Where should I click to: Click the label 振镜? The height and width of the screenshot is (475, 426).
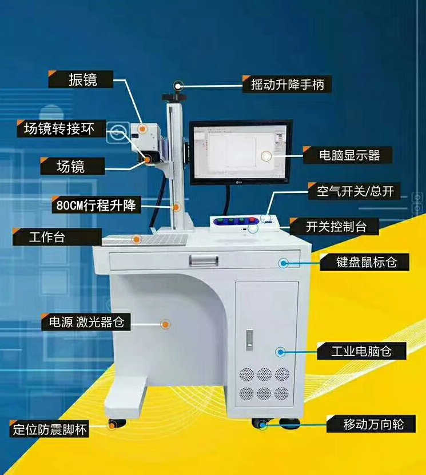coord(82,80)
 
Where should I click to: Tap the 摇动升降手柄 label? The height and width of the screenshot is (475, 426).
coord(288,84)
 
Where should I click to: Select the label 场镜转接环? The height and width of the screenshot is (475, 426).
coord(59,129)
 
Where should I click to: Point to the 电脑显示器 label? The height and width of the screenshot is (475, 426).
coord(349,155)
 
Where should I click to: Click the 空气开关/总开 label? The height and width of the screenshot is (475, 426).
coord(355,191)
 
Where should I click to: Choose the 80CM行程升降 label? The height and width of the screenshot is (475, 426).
coord(96,205)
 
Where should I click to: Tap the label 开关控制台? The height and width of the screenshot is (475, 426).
coord(336,226)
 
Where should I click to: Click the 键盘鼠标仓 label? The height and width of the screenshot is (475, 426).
coord(367,262)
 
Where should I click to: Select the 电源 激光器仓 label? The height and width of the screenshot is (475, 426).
coord(87,322)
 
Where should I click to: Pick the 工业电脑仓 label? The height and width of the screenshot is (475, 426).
coord(361,351)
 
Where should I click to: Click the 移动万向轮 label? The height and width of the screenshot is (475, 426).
coord(373,424)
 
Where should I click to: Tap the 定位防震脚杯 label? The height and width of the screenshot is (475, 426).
coord(50,429)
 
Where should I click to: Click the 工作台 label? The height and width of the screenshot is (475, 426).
coord(47,237)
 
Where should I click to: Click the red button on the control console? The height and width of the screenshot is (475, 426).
coord(252,220)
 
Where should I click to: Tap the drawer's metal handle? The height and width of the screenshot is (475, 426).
coord(204,260)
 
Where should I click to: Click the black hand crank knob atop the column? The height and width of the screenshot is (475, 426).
coord(174,97)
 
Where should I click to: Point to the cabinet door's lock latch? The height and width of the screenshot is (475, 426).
coord(249,340)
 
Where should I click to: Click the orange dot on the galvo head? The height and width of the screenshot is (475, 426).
coord(142,128)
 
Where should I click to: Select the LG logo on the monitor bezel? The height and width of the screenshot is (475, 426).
coord(240,182)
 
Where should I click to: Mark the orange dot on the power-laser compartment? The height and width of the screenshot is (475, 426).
coord(165,325)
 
